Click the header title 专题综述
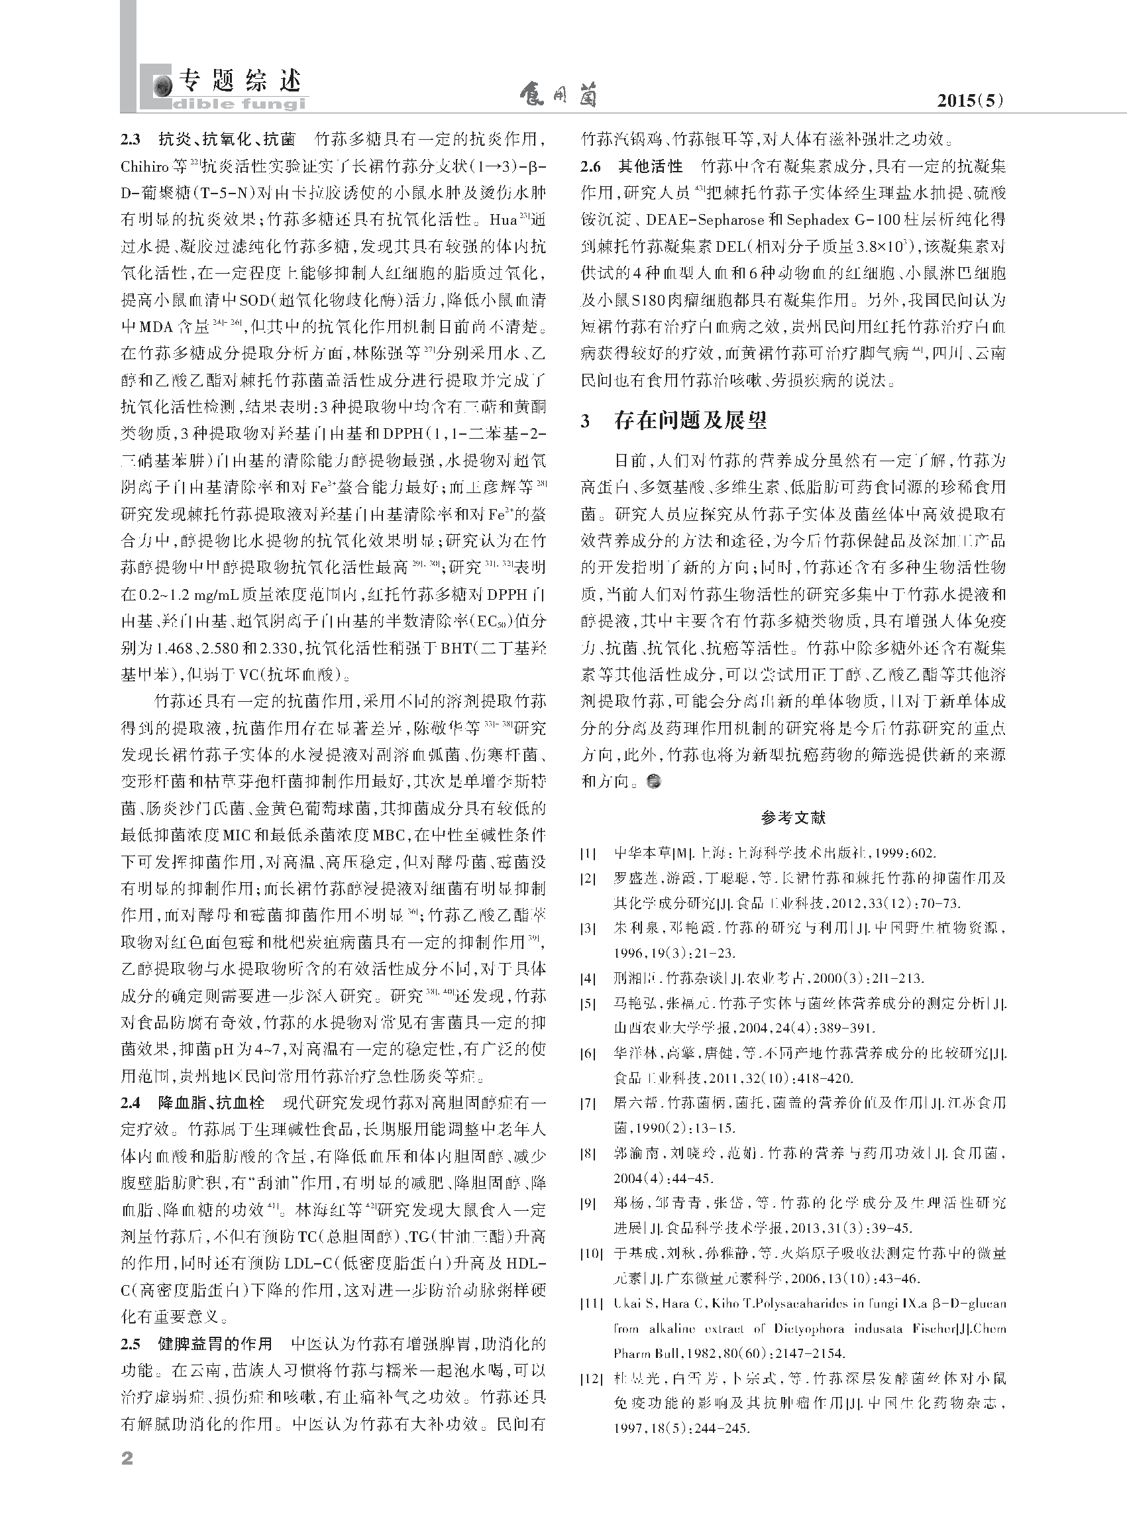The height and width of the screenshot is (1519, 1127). [x=239, y=82]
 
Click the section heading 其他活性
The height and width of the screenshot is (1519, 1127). [x=650, y=166]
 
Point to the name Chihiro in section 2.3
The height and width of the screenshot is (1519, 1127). [x=145, y=167]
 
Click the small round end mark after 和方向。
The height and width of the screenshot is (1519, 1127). [x=653, y=781]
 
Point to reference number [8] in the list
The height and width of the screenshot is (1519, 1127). [x=588, y=1153]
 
